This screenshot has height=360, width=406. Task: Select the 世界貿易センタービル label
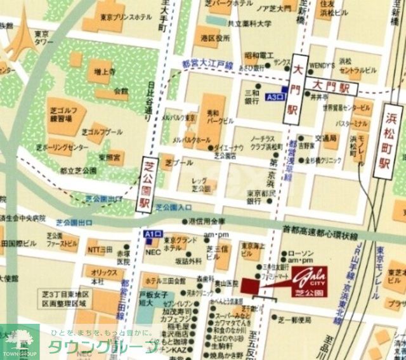(x=346, y=107)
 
